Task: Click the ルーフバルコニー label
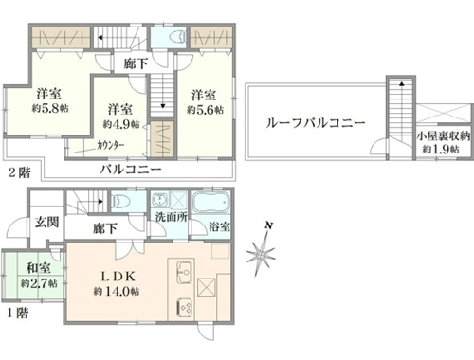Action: [316, 123]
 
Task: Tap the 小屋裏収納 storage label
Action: [443, 136]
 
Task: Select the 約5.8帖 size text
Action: [50, 108]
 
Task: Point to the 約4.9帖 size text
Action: [121, 124]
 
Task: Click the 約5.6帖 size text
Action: [205, 110]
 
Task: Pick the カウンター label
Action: [111, 146]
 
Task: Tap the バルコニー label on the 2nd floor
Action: [131, 170]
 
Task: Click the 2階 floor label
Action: [19, 172]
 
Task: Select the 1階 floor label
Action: [18, 313]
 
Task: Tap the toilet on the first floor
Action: [119, 201]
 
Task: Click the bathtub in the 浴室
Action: [210, 203]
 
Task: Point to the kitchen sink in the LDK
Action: [185, 272]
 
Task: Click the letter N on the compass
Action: [269, 225]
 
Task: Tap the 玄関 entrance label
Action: [46, 222]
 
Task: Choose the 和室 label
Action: [39, 268]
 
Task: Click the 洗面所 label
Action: [171, 217]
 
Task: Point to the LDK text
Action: [118, 277]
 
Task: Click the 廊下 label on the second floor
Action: [136, 64]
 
